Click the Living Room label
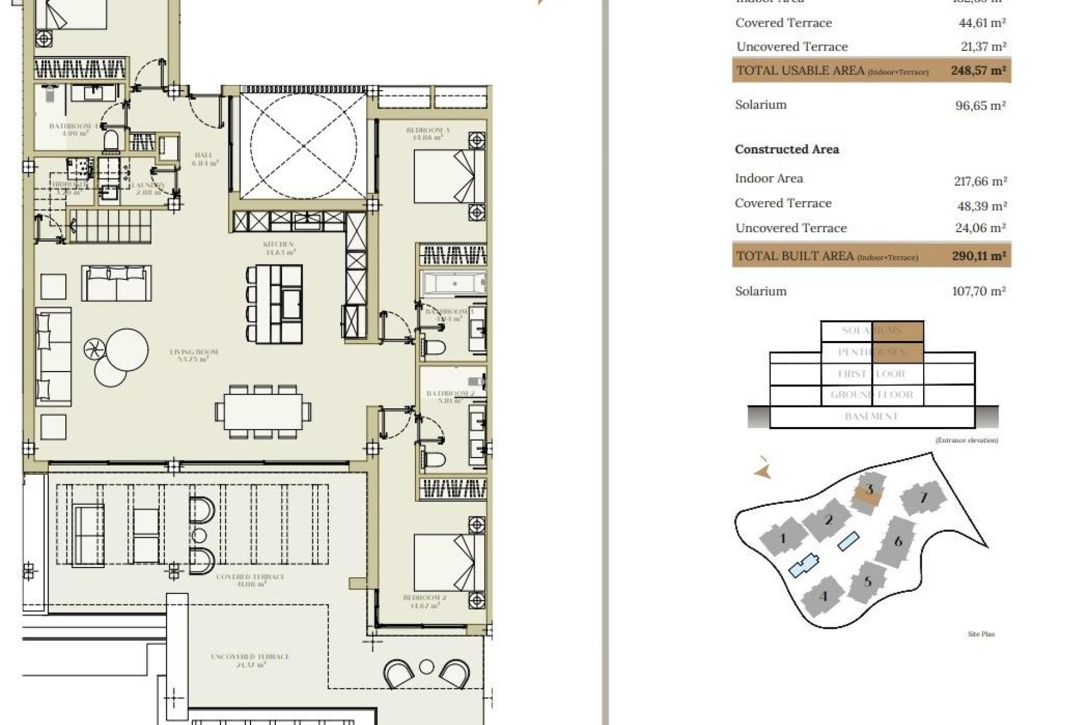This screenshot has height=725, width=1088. tap(194, 355)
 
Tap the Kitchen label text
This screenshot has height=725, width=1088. tap(278, 248)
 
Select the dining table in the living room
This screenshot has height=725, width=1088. tap(262, 411)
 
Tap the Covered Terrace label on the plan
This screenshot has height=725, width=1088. tap(250, 579)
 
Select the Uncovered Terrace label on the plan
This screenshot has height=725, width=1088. tap(250, 659)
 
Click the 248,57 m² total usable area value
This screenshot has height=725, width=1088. tap(978, 71)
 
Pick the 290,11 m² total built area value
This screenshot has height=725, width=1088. tap(979, 256)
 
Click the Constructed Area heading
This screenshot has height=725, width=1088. tap(787, 150)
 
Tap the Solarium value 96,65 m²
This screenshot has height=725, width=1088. tap(980, 105)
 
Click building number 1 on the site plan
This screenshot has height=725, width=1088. tap(783, 538)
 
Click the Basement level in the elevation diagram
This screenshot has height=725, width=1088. tap(871, 417)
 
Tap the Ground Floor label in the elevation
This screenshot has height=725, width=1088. tap(872, 395)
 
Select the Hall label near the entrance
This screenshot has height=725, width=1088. tap(203, 159)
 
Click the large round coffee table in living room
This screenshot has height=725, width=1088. tap(127, 350)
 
